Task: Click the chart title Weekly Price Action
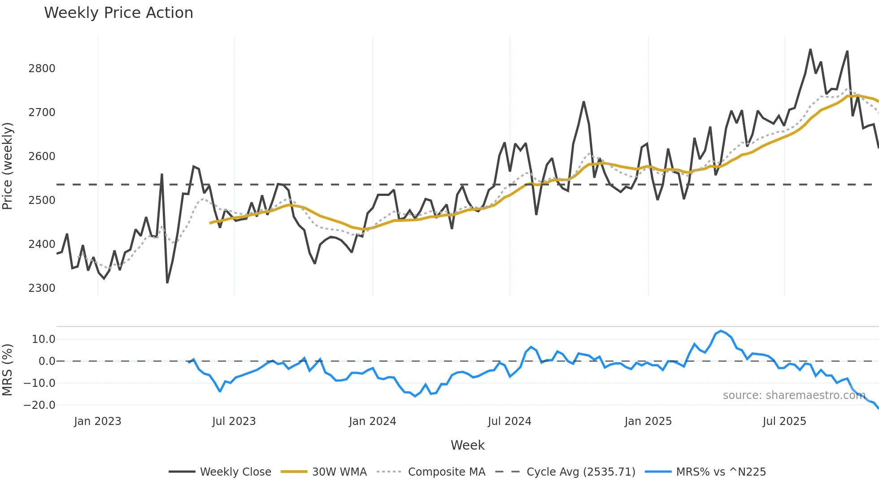118,13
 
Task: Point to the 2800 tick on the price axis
42,69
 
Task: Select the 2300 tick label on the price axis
42,288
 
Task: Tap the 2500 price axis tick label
42,200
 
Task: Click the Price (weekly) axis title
8,166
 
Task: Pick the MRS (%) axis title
8,370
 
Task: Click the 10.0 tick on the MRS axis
44,339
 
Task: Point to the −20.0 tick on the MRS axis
39,405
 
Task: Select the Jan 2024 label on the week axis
372,421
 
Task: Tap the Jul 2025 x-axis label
784,421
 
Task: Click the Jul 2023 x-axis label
234,421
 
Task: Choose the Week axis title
467,445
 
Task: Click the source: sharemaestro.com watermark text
794,395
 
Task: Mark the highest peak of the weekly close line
810,49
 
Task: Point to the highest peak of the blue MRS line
721,331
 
